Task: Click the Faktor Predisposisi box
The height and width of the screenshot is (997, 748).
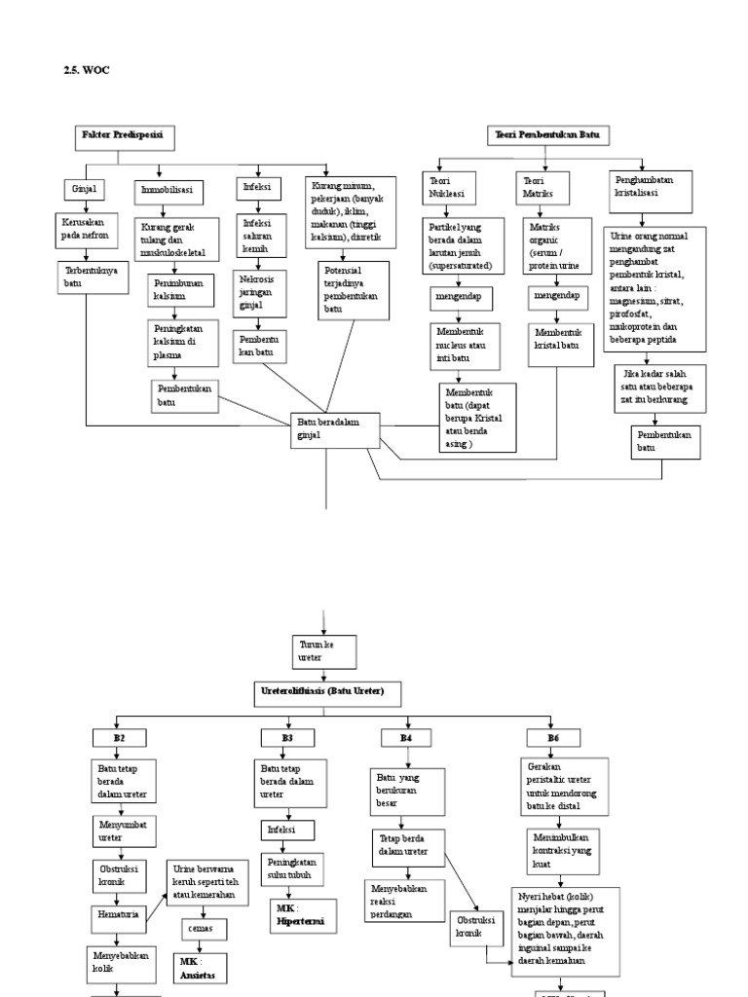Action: coord(124,137)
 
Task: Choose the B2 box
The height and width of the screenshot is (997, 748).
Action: coord(119,738)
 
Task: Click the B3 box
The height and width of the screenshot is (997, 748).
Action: coord(287,738)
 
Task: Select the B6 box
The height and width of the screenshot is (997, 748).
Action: coord(553,738)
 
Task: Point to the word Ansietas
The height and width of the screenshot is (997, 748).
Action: coord(198,972)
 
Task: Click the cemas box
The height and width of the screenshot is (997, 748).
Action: coord(200,929)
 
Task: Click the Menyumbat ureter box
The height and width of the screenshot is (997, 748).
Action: coord(117,831)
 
